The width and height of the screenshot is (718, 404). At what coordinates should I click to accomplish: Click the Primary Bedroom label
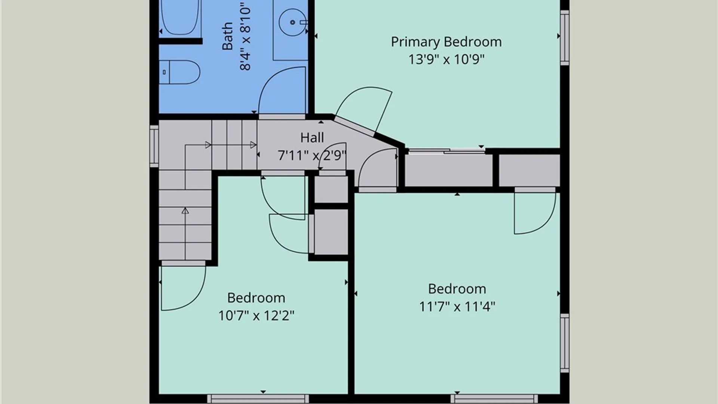tap(446, 42)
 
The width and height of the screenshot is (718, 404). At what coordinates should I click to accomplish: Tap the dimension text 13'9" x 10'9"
tap(446, 59)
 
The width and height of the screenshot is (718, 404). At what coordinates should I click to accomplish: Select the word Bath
tap(227, 36)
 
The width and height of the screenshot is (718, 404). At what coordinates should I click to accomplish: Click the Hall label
tap(312, 138)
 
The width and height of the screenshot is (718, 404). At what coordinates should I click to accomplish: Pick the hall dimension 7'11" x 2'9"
tap(312, 155)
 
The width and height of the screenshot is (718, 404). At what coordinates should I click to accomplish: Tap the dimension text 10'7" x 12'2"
tap(256, 316)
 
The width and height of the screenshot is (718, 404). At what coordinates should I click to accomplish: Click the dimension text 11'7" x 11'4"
tap(457, 307)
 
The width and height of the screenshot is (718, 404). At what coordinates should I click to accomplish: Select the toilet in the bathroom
tap(180, 72)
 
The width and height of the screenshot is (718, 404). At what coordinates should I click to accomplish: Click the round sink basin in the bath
tap(293, 22)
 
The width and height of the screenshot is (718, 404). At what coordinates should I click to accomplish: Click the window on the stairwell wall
tap(154, 146)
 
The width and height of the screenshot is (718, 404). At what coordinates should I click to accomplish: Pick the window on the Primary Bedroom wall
tap(565, 37)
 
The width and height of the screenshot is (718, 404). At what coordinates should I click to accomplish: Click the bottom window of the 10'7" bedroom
tap(258, 399)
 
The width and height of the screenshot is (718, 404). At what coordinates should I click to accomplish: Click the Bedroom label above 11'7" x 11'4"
tap(457, 289)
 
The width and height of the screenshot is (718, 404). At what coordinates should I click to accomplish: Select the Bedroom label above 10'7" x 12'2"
tap(256, 298)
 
